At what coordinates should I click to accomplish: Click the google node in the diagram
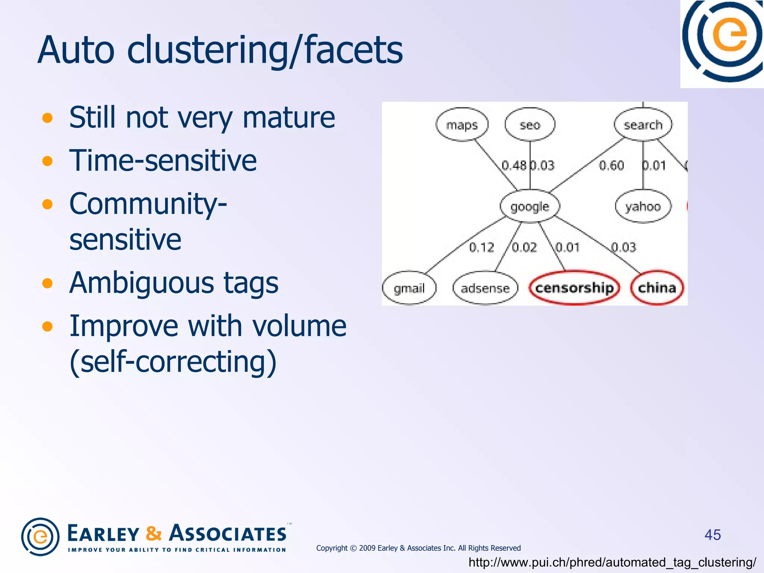530,207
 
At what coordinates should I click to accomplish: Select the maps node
462,125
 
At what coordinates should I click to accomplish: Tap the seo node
530,125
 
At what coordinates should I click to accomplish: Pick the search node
643,125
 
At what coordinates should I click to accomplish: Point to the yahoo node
643,206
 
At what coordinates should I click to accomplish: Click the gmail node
409,288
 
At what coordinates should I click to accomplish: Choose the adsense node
485,288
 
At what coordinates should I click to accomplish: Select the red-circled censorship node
574,288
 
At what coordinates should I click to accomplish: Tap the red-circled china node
657,288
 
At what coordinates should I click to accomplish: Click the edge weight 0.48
514,165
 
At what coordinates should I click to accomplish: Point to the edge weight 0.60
611,165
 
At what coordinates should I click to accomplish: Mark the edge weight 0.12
481,247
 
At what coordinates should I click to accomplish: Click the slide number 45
713,535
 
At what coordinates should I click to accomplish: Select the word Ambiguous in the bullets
141,283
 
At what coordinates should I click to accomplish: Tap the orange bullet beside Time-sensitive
47,161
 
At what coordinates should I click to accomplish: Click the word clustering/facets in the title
265,50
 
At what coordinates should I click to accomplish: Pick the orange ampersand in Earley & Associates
154,533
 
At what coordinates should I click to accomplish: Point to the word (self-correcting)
173,361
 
